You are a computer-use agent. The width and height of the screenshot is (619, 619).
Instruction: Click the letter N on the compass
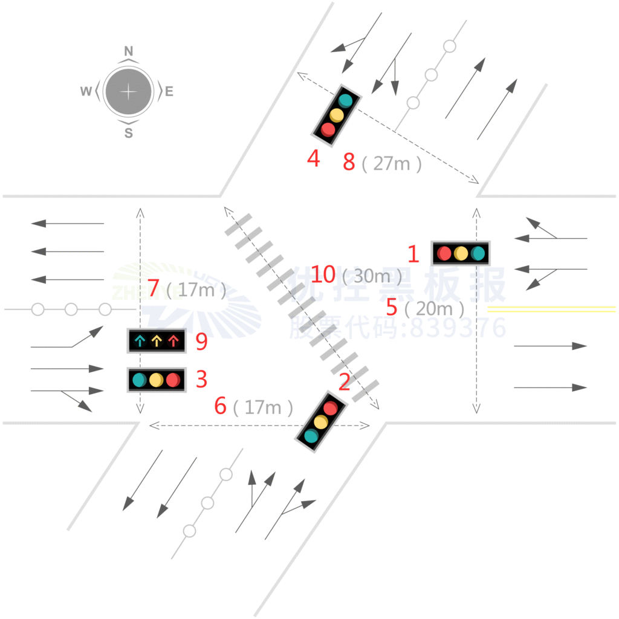[128, 51]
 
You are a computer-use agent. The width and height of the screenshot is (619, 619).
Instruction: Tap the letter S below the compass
[128, 134]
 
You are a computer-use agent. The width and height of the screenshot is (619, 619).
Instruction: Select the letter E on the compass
[169, 92]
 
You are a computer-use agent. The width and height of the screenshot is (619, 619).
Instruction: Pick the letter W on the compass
[86, 92]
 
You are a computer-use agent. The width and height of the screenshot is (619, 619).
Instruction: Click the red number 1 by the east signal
[413, 254]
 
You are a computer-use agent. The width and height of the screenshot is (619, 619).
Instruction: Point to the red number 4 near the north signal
[313, 159]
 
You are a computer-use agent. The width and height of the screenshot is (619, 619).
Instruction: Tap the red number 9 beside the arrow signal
[201, 342]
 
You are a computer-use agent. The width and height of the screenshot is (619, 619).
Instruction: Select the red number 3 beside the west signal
[201, 380]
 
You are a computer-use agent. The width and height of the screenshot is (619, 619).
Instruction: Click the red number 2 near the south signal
[344, 382]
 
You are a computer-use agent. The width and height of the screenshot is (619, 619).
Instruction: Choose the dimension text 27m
[392, 163]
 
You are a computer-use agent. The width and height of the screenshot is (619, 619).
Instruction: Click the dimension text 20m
[434, 309]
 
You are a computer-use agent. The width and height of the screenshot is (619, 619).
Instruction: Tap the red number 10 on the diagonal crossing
[323, 274]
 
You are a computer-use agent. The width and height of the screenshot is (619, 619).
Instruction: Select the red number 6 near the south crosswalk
[221, 407]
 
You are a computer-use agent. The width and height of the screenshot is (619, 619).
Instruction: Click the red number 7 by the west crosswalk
[154, 289]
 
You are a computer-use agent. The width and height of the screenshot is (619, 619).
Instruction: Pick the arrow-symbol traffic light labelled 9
[157, 342]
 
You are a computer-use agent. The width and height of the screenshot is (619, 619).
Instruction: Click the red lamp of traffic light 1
[444, 253]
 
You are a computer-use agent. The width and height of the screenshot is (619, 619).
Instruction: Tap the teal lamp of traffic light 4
[345, 100]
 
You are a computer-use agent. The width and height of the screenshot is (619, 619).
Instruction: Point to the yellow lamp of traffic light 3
[157, 380]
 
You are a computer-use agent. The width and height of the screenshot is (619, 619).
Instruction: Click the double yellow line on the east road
[551, 309]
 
